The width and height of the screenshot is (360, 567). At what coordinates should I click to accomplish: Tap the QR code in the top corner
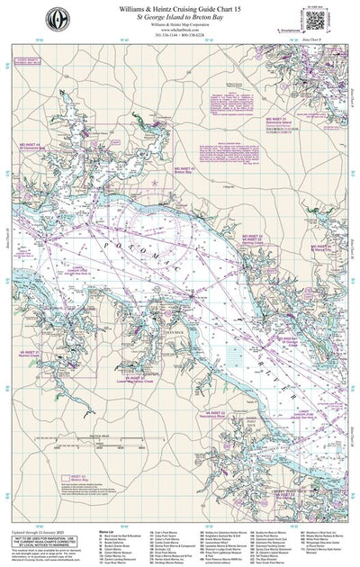(x=314, y=19)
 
